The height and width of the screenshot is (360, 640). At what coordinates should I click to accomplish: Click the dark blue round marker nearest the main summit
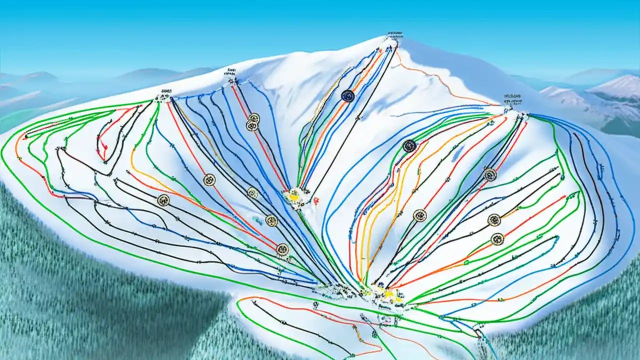tap(347, 96)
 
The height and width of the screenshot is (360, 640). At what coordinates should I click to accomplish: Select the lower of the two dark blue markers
tap(409, 146)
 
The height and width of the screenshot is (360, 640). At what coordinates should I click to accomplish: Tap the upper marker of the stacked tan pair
tap(254, 118)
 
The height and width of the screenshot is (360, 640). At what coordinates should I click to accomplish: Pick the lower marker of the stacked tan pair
tap(252, 126)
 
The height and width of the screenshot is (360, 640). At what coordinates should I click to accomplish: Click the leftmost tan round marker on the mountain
tap(163, 200)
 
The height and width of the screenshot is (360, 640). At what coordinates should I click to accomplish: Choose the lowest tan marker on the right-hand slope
tap(496, 239)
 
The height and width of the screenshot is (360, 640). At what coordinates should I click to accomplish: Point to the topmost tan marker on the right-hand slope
tap(489, 174)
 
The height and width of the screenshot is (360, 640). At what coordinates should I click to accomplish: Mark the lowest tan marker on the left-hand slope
tap(282, 249)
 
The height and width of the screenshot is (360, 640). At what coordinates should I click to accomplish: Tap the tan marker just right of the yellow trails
tap(420, 215)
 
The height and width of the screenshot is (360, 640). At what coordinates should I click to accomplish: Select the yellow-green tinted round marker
tap(253, 193)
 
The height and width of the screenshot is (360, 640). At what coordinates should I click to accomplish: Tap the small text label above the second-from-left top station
tap(231, 70)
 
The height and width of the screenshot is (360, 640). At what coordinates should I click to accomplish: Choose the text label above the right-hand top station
tap(511, 95)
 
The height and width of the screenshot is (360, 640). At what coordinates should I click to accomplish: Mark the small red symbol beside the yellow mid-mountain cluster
tap(316, 200)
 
